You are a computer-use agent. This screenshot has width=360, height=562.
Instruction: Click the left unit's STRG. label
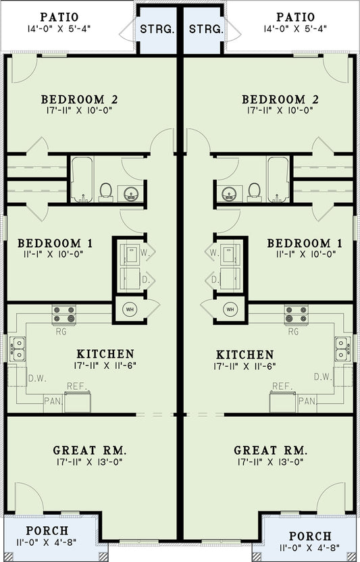[157, 29]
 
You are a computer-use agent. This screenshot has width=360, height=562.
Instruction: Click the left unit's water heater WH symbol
[130, 309]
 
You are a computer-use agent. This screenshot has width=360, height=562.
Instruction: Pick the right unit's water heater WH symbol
[230, 309]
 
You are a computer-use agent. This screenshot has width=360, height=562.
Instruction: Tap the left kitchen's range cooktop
[66, 314]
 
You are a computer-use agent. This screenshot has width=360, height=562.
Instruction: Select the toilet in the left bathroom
[106, 192]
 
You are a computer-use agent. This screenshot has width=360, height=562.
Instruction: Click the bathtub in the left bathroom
[82, 180]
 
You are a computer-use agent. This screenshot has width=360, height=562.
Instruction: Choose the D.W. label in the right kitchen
[323, 376]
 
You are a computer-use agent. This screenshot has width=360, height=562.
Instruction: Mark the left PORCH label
[47, 531]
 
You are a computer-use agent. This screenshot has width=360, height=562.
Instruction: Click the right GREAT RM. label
[271, 451]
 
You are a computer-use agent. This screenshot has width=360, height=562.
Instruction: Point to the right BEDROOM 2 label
[280, 100]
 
